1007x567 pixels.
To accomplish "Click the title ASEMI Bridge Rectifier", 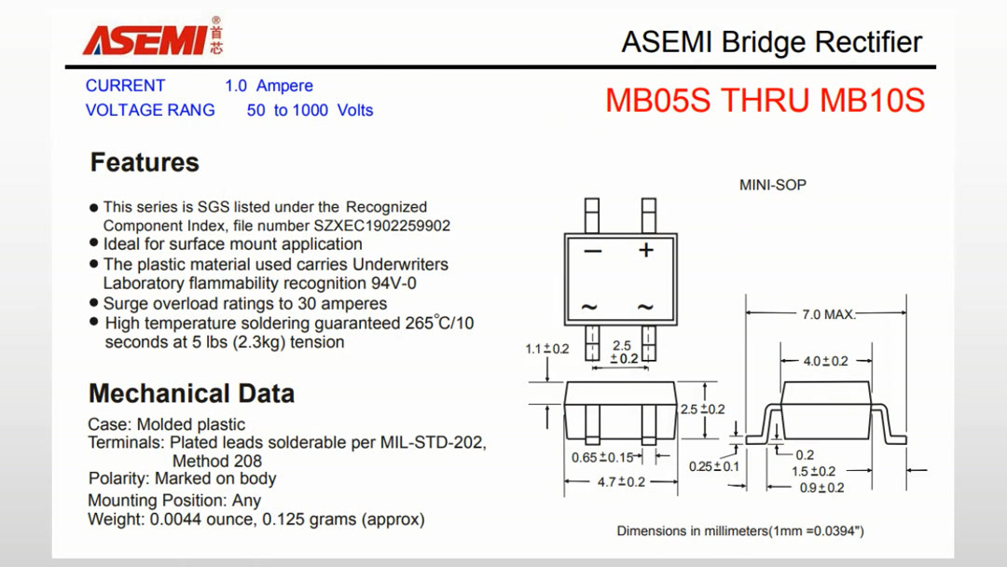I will (x=771, y=42).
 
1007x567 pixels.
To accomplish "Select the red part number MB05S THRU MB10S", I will (x=765, y=100).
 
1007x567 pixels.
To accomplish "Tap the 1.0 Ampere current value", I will (x=269, y=86).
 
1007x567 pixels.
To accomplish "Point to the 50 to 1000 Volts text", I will (x=310, y=110).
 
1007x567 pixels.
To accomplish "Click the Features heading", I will (x=145, y=162).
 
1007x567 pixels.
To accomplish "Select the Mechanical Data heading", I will (x=191, y=394).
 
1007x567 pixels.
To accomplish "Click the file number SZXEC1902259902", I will (x=382, y=226).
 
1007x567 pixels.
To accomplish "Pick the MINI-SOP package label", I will (x=772, y=185).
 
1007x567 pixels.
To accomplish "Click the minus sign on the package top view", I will (x=592, y=251).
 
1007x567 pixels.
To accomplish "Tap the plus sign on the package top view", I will (x=645, y=250).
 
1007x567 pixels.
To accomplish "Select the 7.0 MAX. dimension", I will (x=828, y=314).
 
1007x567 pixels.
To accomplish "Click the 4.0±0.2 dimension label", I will (x=826, y=361).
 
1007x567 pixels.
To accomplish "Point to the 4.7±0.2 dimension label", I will (x=621, y=482).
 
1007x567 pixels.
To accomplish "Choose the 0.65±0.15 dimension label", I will (x=602, y=457).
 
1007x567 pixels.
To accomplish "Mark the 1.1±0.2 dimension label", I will (x=546, y=349).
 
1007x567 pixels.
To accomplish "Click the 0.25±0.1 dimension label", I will (x=713, y=466).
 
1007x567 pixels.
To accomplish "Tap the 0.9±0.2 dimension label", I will (x=821, y=488).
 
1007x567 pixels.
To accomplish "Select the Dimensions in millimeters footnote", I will (x=740, y=531).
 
